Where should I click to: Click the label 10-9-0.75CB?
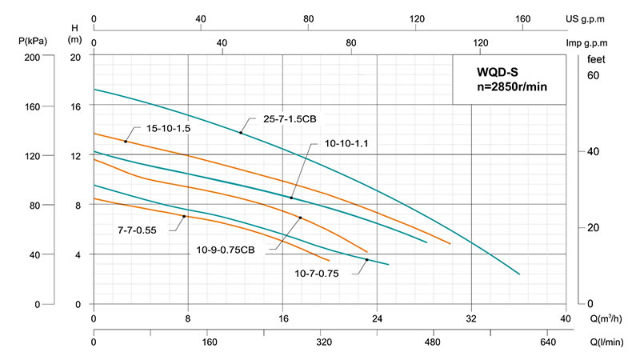pos(226,250)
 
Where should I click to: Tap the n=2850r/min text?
pos(510,86)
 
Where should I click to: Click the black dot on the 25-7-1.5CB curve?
pos(240,132)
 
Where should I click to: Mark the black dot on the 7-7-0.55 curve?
pos(185,217)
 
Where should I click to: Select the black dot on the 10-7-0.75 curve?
pos(367,260)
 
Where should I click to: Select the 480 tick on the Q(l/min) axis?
pos(434,342)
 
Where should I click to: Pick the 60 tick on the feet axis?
pos(593,76)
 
